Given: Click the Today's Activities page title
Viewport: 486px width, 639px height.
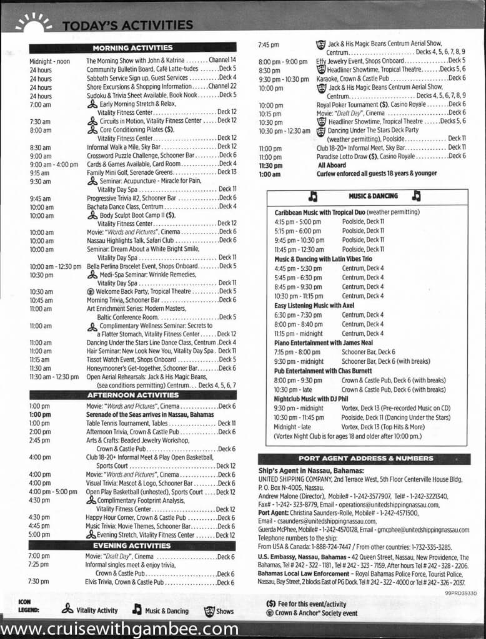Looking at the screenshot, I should pyautogui.click(x=127, y=25).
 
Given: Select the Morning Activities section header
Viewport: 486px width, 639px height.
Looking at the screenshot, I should pyautogui.click(x=132, y=47).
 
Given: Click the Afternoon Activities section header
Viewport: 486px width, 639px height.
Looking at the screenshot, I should pyautogui.click(x=132, y=395).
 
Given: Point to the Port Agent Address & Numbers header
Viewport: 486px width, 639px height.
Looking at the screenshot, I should pyautogui.click(x=365, y=459).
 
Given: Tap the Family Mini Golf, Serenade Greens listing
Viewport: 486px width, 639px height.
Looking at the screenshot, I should pyautogui.click(x=161, y=172).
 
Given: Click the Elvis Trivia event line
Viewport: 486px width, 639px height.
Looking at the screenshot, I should pyautogui.click(x=160, y=582).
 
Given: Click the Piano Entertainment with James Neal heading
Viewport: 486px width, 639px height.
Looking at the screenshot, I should pyautogui.click(x=324, y=343).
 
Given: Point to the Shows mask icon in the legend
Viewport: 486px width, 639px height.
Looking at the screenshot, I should pyautogui.click(x=209, y=611).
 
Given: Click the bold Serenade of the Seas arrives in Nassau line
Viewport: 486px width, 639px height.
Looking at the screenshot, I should pyautogui.click(x=151, y=415).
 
